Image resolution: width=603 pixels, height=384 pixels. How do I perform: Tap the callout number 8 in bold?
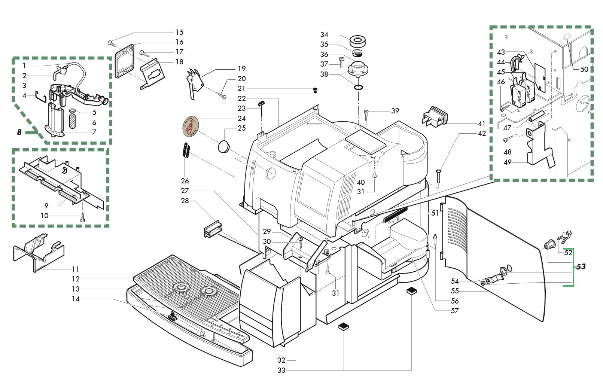(19, 132)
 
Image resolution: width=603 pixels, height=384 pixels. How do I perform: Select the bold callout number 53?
(581, 266)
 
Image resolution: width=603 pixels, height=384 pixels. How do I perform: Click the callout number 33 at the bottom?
(281, 370)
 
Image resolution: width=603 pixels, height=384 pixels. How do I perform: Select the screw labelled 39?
(366, 114)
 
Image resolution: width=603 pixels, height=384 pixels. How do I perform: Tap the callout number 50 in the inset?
(584, 69)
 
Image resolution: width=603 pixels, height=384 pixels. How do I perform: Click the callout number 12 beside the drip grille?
(76, 279)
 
